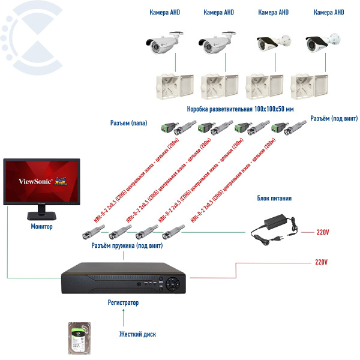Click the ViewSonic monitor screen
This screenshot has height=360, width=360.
click(x=41, y=179)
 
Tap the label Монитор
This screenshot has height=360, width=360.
click(x=41, y=227)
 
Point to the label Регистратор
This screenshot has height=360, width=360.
click(x=124, y=302)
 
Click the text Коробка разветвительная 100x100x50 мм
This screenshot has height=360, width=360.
click(x=240, y=109)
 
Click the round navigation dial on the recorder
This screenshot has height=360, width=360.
click(x=173, y=281)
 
